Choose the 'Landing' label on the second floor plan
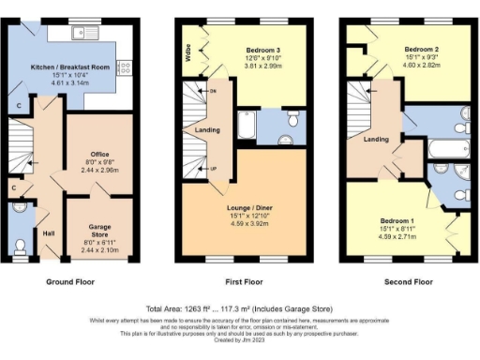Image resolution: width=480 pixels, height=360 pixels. [x=376, y=139]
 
